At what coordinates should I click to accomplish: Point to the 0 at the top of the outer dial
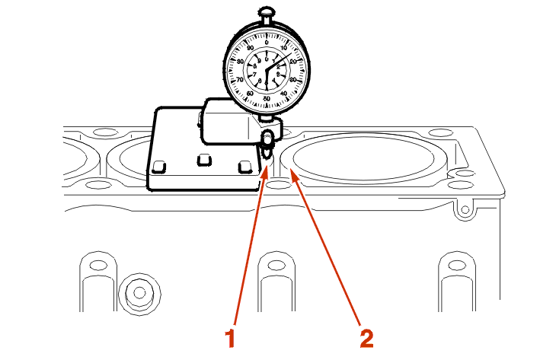pos(267,33)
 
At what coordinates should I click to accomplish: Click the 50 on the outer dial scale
pos(267,98)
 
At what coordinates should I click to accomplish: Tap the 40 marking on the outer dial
pos(285,93)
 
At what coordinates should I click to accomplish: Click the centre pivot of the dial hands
pos(267,68)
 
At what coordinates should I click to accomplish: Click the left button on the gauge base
pos(159,166)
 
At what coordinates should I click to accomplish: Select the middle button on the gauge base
pos(203,160)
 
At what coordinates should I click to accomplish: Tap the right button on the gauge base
pos(244,166)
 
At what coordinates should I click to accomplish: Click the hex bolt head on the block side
pos(139,292)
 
